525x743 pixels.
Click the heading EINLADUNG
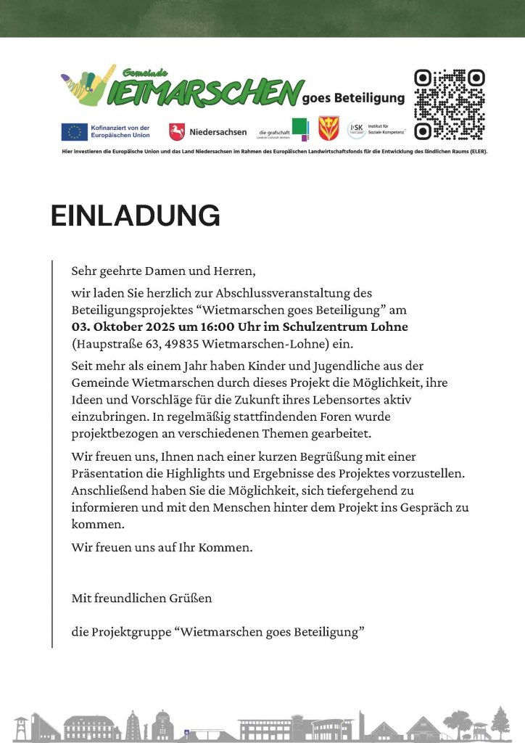[x=136, y=215]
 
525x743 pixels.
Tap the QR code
[x=449, y=104]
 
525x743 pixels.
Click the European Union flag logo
[x=73, y=131]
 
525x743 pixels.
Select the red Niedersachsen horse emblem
[x=176, y=131]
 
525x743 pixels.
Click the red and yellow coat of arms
[x=328, y=130]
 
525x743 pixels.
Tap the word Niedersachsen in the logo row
[x=218, y=132]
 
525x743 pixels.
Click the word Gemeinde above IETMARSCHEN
[x=145, y=73]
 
